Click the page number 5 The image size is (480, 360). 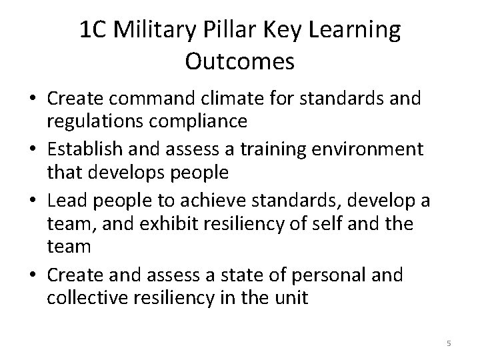pyautogui.click(x=449, y=343)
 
